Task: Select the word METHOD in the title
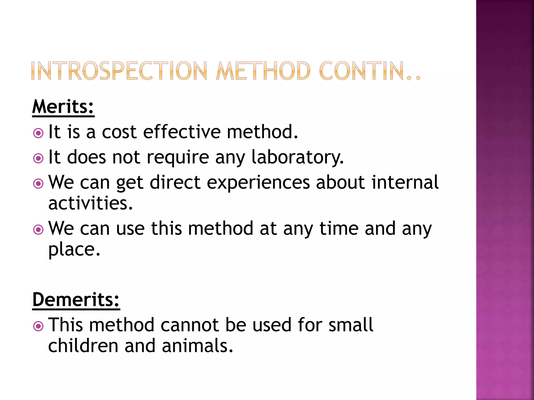coord(263,71)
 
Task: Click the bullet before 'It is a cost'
coord(38,133)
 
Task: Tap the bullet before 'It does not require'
coord(38,158)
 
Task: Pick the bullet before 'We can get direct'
coord(38,184)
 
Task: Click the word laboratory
coord(298,157)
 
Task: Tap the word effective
coord(182,132)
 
